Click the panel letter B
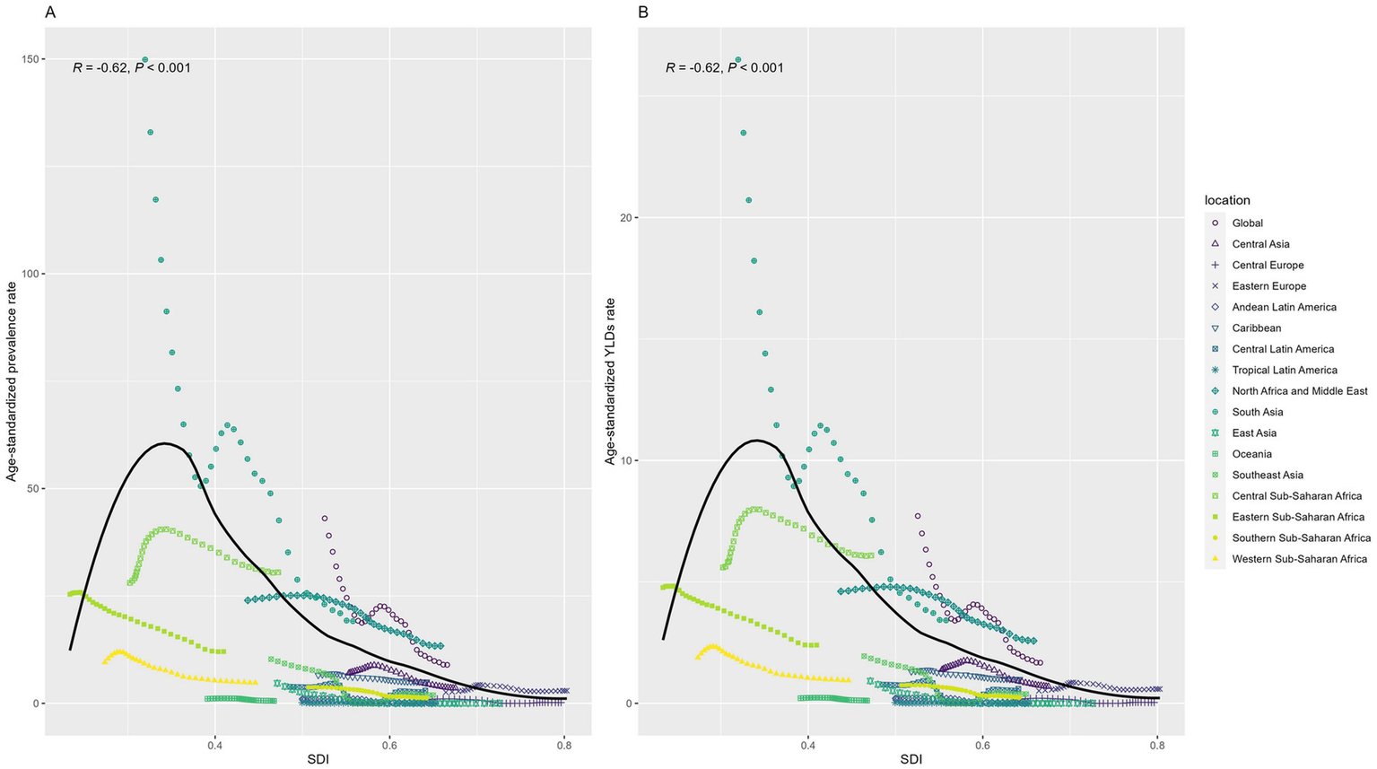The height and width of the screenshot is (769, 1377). [x=642, y=12]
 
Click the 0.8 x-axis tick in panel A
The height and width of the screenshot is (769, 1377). [x=564, y=746]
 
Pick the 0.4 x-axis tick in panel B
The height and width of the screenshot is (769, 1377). [x=807, y=746]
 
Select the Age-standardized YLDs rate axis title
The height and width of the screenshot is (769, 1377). [x=610, y=381]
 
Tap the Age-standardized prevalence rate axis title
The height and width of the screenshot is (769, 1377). [x=13, y=381]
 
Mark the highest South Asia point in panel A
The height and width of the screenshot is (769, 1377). [x=144, y=60]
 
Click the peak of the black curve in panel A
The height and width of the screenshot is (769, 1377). [x=165, y=443]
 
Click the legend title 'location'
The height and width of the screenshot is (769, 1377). [x=1227, y=200]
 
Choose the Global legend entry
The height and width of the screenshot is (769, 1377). [x=1247, y=223]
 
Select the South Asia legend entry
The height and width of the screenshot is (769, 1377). [x=1257, y=412]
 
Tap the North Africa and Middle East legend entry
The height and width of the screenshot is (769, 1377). [x=1299, y=391]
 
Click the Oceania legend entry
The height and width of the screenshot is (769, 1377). [x=1251, y=454]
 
